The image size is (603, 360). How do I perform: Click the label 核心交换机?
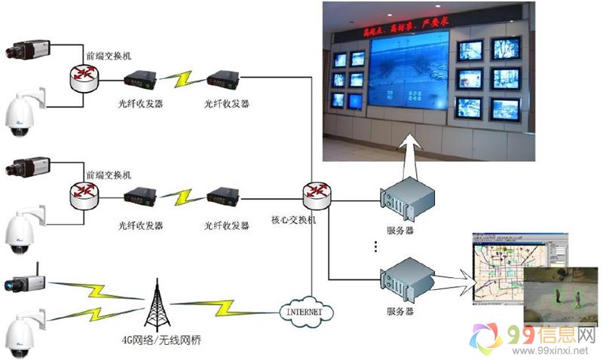[294, 223]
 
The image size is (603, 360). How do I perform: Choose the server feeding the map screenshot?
[408, 280]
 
